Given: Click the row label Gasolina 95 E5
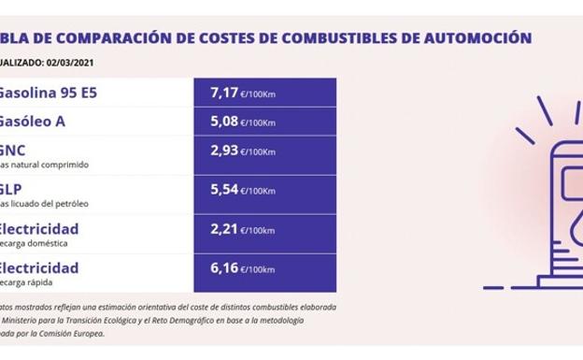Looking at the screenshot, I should [47, 94].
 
